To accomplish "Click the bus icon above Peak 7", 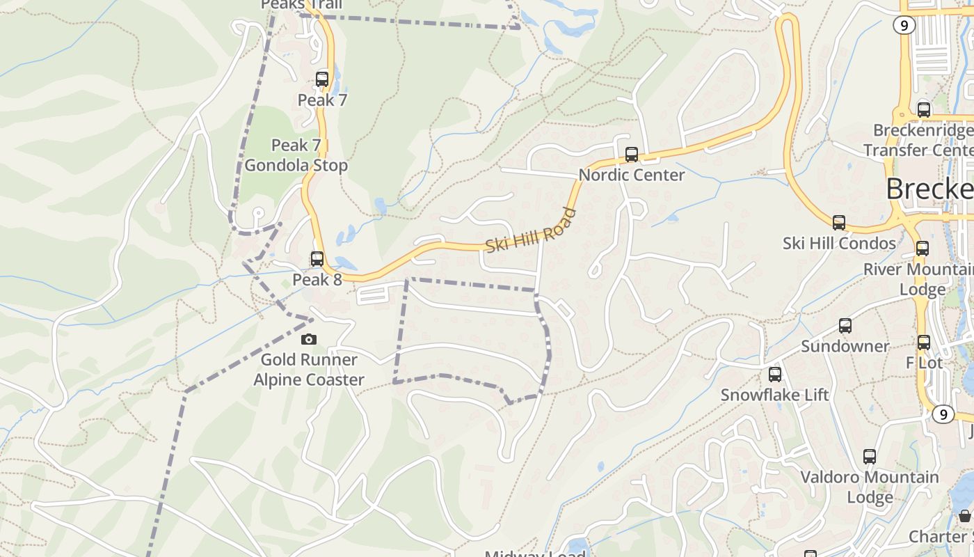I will [x=321, y=79].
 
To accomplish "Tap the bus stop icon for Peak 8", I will [x=317, y=259].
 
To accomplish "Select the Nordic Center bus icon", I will [x=632, y=155].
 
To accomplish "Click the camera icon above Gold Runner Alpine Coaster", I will [x=308, y=340].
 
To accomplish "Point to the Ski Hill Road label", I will [x=532, y=230].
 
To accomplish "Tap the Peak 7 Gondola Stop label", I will [x=296, y=155].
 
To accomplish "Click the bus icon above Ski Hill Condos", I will [x=839, y=223].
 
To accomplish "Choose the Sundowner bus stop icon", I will [x=845, y=326].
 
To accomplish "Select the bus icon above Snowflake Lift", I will [x=775, y=375].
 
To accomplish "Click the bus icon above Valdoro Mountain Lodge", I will [x=870, y=457].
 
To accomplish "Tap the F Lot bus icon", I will [x=924, y=343].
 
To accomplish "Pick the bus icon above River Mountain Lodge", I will [x=923, y=249].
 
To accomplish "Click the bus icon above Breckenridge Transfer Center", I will [x=924, y=110].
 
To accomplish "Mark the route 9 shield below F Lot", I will [x=943, y=414].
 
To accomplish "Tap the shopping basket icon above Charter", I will [x=964, y=516].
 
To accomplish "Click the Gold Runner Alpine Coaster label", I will [x=309, y=370].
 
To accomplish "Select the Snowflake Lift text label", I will [x=774, y=395].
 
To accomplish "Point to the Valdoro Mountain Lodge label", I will [x=870, y=487].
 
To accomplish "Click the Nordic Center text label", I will [x=632, y=175].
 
